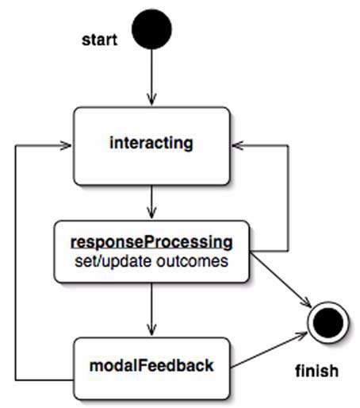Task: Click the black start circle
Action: (x=151, y=29)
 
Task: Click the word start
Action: (x=100, y=40)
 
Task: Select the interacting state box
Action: (x=151, y=146)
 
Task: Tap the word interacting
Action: (x=151, y=143)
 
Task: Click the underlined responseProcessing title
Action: (x=151, y=242)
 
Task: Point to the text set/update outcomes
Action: (x=151, y=261)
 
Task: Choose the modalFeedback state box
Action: (x=151, y=368)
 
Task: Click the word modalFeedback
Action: (x=151, y=365)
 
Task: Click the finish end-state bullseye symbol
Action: (x=328, y=322)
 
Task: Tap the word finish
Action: (x=317, y=371)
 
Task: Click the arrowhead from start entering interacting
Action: (x=151, y=100)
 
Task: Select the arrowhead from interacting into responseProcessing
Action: (x=151, y=214)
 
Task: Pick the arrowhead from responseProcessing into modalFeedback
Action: (x=151, y=330)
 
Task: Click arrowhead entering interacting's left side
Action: (x=67, y=145)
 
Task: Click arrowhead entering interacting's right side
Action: (x=237, y=145)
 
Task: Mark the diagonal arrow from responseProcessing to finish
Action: (x=281, y=279)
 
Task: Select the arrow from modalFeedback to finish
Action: (x=268, y=350)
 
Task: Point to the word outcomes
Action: (x=193, y=261)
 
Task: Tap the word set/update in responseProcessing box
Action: (x=113, y=261)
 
